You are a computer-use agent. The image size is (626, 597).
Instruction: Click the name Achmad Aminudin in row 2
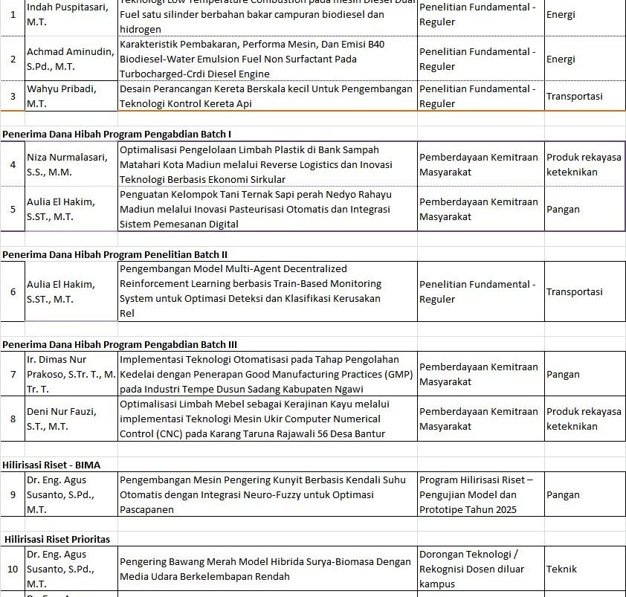pyautogui.click(x=71, y=59)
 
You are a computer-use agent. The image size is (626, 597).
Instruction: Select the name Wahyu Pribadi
pyautogui.click(x=62, y=96)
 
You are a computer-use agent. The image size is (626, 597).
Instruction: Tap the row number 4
pyautogui.click(x=13, y=164)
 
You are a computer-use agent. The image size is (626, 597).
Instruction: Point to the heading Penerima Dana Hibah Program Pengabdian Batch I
pyautogui.click(x=117, y=134)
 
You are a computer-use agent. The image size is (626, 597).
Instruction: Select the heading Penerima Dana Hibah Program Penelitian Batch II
pyautogui.click(x=114, y=254)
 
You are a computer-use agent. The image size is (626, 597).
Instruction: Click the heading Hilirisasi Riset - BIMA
pyautogui.click(x=52, y=465)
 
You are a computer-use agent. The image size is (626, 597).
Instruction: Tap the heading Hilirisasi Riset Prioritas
pyautogui.click(x=57, y=539)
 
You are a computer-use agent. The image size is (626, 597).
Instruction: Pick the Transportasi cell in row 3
pyautogui.click(x=574, y=96)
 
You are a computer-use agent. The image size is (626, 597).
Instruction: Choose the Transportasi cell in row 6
pyautogui.click(x=574, y=292)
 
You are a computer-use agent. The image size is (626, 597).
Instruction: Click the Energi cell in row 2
pyautogui.click(x=561, y=59)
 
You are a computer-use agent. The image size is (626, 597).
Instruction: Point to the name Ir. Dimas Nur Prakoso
pyautogui.click(x=71, y=374)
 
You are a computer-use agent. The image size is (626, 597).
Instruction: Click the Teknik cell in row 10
pyautogui.click(x=561, y=569)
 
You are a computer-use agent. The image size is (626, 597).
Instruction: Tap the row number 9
pyautogui.click(x=13, y=494)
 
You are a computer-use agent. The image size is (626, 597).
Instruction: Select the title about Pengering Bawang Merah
pyautogui.click(x=265, y=569)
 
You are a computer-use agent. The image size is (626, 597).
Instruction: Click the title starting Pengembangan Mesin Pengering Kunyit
pyautogui.click(x=265, y=494)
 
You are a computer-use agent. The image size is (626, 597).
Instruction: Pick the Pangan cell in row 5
pyautogui.click(x=563, y=209)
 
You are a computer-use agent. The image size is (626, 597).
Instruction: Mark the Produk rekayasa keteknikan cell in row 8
pyautogui.click(x=583, y=419)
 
